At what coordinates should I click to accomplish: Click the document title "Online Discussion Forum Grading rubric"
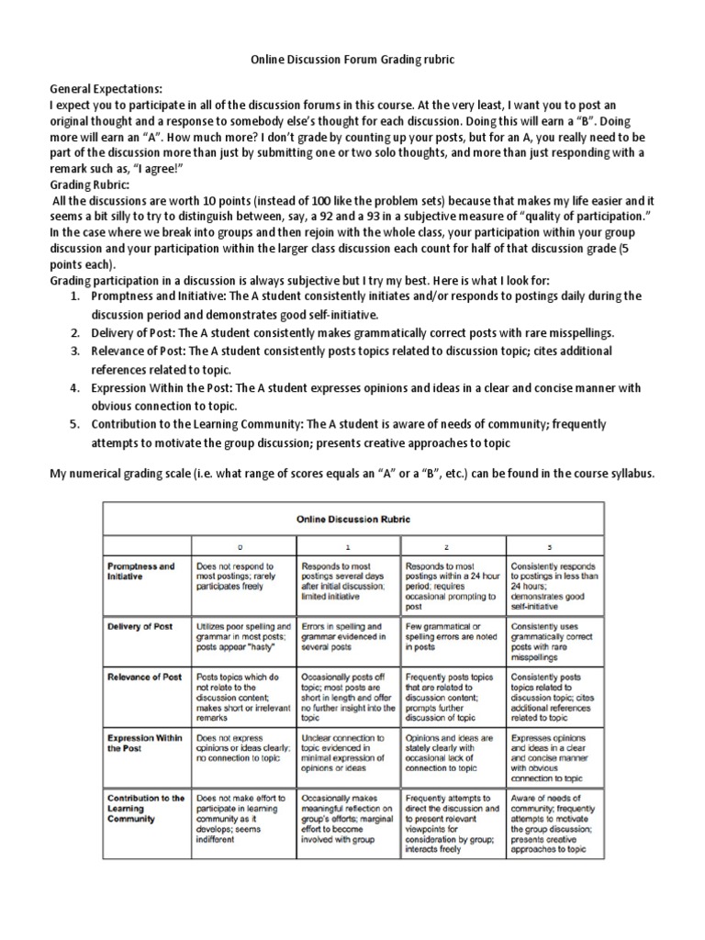(x=352, y=59)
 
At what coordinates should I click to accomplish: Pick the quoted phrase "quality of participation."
(x=568, y=216)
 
